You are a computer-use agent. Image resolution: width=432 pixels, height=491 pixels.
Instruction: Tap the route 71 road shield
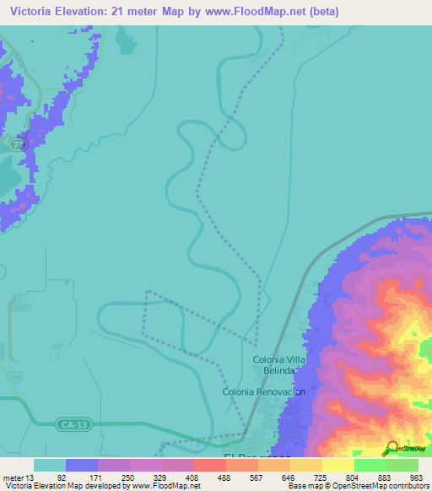19,145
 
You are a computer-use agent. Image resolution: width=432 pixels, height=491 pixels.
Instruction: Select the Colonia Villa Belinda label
275,364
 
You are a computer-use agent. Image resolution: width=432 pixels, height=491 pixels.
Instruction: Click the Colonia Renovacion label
263,392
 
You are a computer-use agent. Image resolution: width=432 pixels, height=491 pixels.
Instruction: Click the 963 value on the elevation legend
413,477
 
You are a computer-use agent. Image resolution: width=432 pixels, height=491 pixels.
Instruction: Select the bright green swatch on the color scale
370,465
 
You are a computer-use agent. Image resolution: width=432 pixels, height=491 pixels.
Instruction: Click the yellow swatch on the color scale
337,465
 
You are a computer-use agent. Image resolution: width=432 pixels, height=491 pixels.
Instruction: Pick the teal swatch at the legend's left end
49,465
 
